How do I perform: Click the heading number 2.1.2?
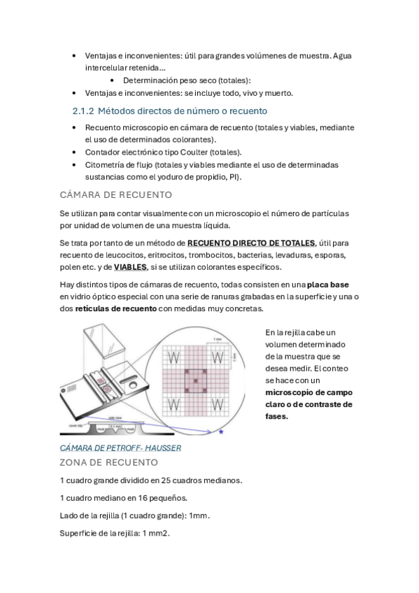[x=83, y=111]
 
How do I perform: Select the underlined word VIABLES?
[x=130, y=267]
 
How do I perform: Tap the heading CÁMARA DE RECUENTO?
[x=115, y=195]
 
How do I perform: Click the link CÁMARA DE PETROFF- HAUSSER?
[x=120, y=448]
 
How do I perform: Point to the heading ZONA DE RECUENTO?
[x=109, y=462]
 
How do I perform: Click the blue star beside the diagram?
[x=221, y=432]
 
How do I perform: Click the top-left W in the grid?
[x=173, y=357]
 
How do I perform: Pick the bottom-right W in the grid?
[x=218, y=404]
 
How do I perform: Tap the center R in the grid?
[x=196, y=381]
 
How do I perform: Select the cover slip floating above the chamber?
[x=104, y=341]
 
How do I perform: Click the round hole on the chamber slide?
[x=134, y=385]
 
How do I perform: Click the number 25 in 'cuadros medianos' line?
[x=166, y=480]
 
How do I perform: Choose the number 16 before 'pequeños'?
[x=143, y=498]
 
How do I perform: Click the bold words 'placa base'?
[x=328, y=285]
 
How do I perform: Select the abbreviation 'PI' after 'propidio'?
[x=233, y=177]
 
